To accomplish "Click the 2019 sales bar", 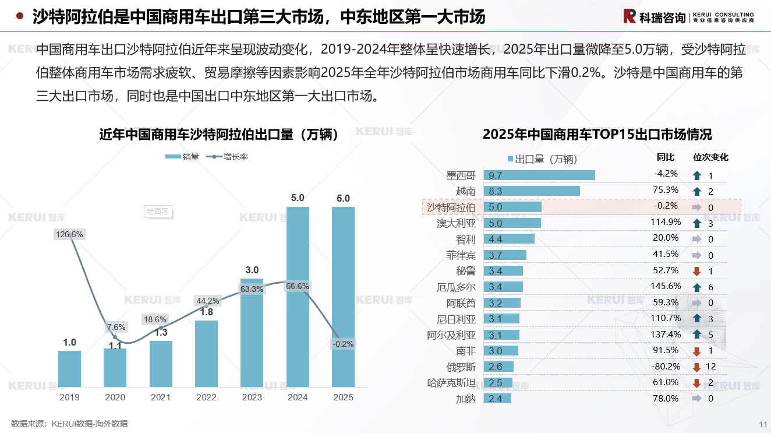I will pos(69,368).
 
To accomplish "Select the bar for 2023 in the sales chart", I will pos(252,332).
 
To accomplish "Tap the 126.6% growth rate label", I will pos(69,234).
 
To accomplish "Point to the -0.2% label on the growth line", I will pos(343,344).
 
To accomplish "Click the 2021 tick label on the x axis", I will pos(161,397).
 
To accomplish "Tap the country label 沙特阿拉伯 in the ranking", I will pos(451,207).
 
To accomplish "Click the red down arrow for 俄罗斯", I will pos(696,367).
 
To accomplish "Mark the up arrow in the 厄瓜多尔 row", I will pos(696,287).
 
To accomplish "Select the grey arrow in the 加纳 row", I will pos(696,399).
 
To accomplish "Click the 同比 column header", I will pos(666,157).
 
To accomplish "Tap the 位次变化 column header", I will pos(710,157).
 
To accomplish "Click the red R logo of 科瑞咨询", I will pos(629,16).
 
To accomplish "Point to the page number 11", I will pos(763,424).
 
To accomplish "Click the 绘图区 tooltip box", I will pos(157,211).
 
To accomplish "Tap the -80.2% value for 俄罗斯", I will pos(664,367).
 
